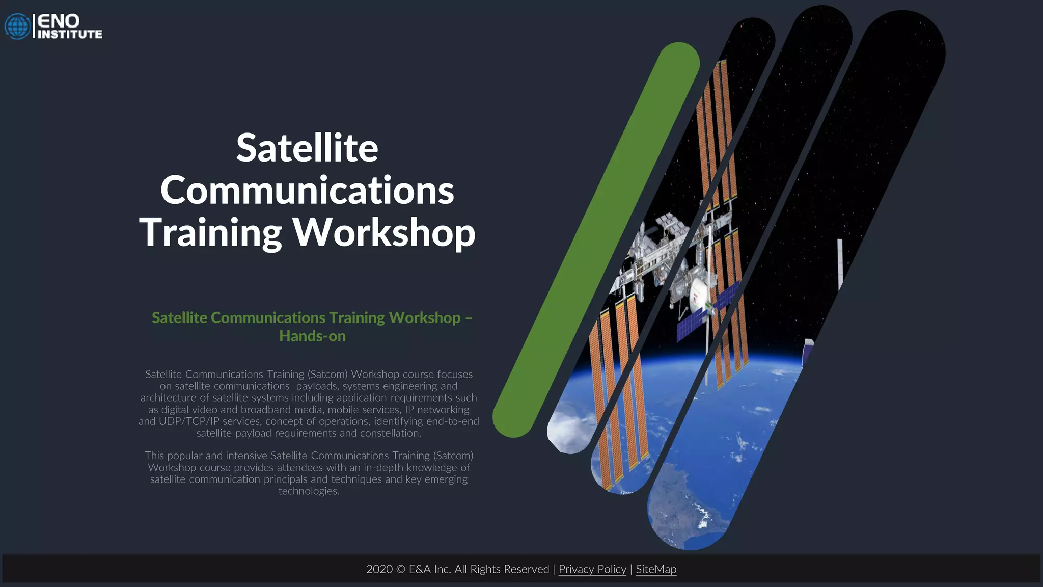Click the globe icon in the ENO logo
pyautogui.click(x=18, y=26)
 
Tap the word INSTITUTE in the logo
pyautogui.click(x=70, y=34)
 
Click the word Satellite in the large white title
pyautogui.click(x=307, y=148)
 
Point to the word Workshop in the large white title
pyautogui.click(x=384, y=232)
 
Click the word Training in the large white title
pyautogui.click(x=210, y=232)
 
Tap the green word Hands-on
pyautogui.click(x=312, y=336)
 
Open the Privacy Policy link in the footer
pyautogui.click(x=592, y=569)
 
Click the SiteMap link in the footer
pyautogui.click(x=656, y=569)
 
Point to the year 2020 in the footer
pyautogui.click(x=379, y=569)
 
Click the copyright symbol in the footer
pyautogui.click(x=401, y=569)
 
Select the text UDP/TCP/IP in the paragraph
pyautogui.click(x=189, y=421)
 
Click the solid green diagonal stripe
pyautogui.click(x=596, y=239)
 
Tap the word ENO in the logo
pyautogui.click(x=59, y=21)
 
